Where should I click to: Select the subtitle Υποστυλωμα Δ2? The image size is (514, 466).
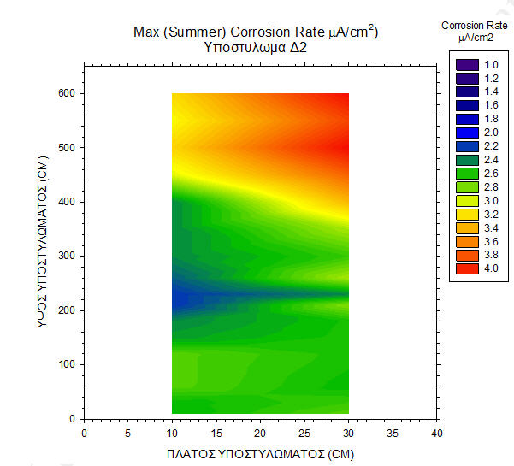(256, 48)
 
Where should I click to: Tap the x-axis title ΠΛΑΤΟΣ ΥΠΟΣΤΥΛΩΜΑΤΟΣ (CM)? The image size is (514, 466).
(259, 452)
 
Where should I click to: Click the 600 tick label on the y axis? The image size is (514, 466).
(66, 93)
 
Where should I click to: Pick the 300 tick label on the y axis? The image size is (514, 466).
(66, 256)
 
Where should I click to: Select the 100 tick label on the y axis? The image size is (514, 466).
(66, 364)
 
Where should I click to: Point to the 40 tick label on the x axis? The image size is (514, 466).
(436, 434)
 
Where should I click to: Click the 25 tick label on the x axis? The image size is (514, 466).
(304, 434)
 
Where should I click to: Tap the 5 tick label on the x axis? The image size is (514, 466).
(128, 434)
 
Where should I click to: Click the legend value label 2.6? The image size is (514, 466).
(492, 174)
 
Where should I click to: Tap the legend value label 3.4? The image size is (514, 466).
(492, 227)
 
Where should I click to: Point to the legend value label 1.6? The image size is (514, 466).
(492, 105)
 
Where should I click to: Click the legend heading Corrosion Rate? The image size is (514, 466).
(474, 26)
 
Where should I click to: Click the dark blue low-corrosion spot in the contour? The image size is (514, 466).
(181, 298)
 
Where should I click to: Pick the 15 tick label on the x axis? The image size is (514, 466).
(216, 434)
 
